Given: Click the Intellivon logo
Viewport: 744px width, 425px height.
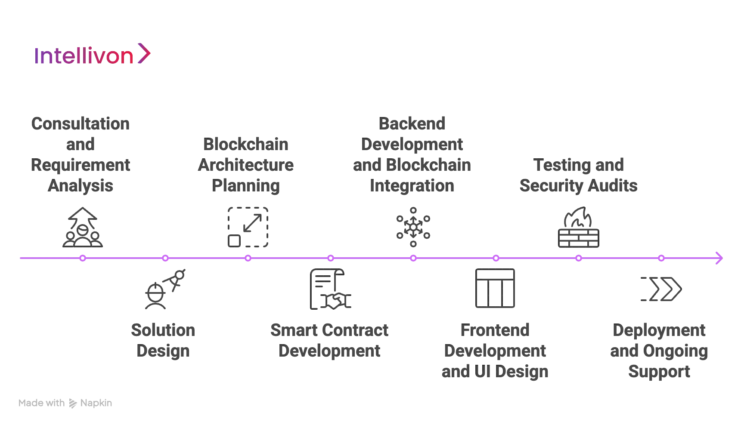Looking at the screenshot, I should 93,55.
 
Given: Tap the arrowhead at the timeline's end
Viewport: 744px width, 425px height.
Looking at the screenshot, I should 718,258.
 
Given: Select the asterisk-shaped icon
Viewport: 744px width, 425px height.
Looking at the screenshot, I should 413,227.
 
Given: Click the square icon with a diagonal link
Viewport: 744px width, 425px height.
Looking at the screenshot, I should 248,227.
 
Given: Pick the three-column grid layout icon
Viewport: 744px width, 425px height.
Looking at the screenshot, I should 496,289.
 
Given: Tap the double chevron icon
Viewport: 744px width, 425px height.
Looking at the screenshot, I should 661,289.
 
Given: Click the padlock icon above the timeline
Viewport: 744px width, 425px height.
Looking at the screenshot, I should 578,227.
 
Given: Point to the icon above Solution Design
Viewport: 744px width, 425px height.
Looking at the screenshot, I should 165,289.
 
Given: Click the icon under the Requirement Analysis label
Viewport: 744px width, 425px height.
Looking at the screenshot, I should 82,227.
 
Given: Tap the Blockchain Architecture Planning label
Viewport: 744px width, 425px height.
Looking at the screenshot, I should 246,165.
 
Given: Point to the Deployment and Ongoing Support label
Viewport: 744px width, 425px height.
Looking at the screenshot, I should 660,351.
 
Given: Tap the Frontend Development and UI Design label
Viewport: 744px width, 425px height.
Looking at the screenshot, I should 495,351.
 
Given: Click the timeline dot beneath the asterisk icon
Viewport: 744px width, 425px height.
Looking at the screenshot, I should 413,258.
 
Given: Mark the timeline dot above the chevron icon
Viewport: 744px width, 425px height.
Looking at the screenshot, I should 661,258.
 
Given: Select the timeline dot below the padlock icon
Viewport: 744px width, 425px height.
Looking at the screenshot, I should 579,258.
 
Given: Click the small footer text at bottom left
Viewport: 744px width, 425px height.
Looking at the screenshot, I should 65,404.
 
